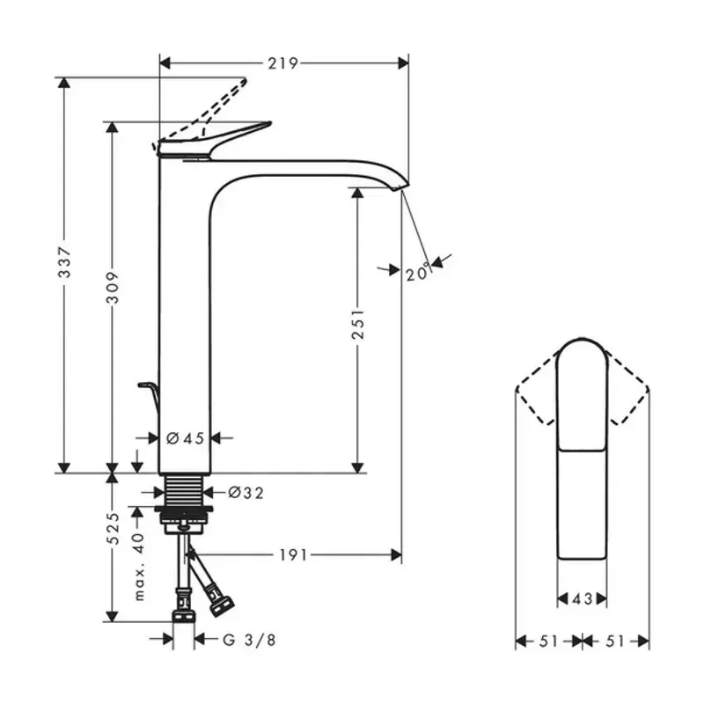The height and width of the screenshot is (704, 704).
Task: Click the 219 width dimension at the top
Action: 282,63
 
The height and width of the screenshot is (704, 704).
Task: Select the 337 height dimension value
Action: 64,261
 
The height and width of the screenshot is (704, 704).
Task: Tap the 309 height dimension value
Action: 113,288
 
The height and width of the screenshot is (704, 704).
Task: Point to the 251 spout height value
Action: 358,324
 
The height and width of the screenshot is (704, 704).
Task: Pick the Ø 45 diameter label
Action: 185,437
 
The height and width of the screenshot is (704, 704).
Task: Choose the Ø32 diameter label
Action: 246,493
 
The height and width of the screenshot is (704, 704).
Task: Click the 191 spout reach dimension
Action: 294,555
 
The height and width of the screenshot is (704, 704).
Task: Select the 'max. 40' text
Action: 140,567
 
